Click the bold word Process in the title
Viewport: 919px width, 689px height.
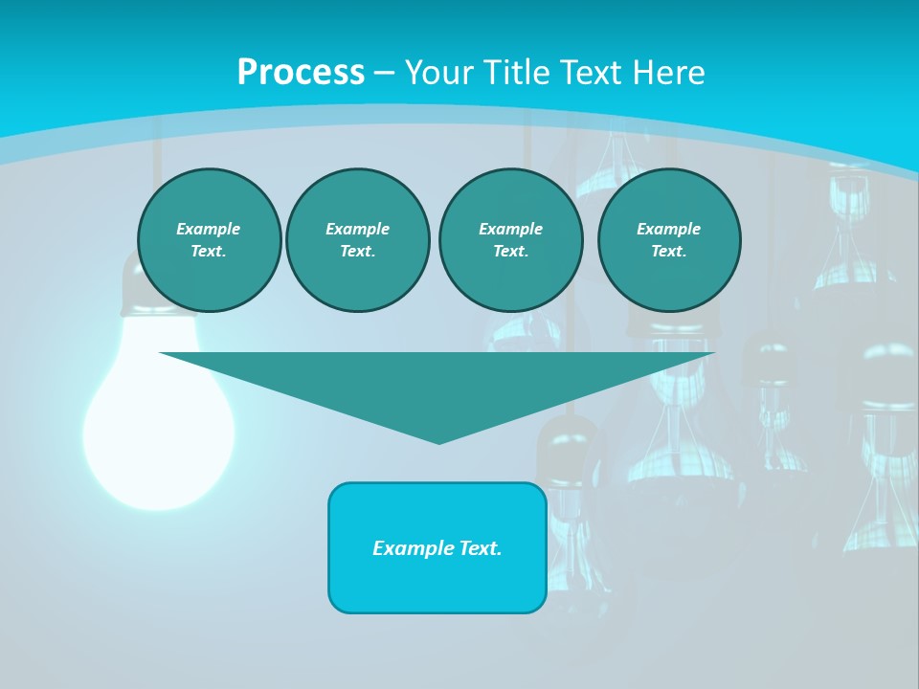coord(301,72)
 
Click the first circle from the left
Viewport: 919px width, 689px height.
coord(209,240)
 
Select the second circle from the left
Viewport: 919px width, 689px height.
coord(357,240)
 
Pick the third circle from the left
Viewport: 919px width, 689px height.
coord(510,240)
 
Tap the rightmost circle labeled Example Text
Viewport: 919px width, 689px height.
coord(668,240)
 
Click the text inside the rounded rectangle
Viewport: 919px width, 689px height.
coord(437,548)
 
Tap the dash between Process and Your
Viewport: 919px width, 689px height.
coord(384,73)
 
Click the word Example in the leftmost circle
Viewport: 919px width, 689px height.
coord(209,229)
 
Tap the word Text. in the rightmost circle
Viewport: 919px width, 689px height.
coord(668,252)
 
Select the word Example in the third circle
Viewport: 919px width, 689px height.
coord(510,229)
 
